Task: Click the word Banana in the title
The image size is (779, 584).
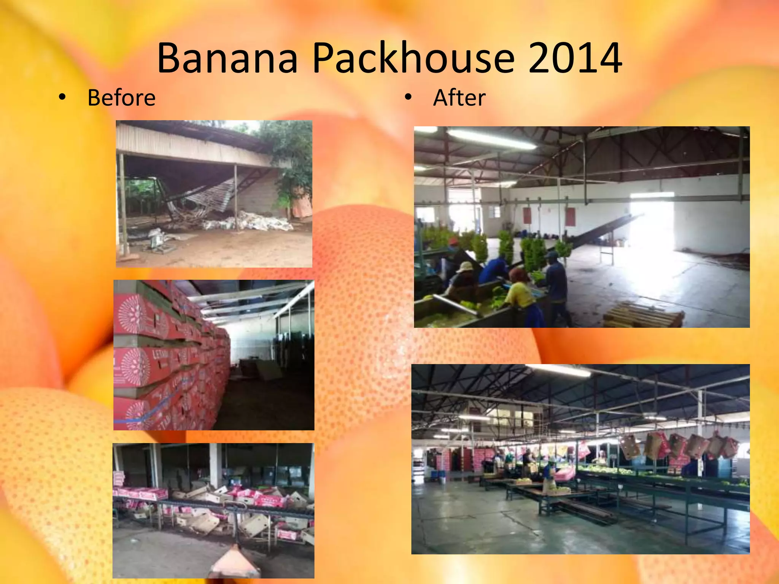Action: [x=227, y=58]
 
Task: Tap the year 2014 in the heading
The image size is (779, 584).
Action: [x=575, y=58]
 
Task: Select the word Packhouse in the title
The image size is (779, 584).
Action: [x=413, y=58]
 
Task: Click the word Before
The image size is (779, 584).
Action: [x=121, y=98]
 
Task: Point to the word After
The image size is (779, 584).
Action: [x=459, y=98]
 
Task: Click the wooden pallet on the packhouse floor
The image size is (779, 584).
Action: [x=643, y=314]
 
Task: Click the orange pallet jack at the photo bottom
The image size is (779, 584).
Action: [x=234, y=563]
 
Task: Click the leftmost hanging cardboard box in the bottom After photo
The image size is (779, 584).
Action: [x=630, y=447]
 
